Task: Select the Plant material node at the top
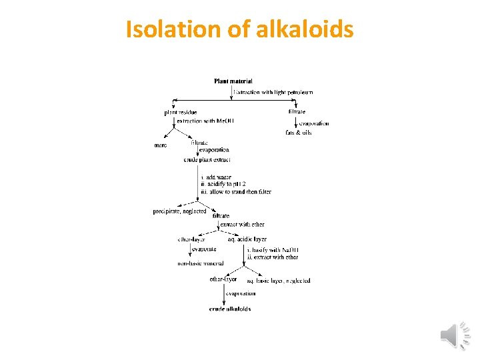coord(233,81)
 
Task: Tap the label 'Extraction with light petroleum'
coord(273,92)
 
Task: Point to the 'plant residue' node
coord(181,112)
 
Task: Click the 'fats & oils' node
coord(298,133)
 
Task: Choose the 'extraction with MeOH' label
coord(205,121)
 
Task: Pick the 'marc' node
coord(161,145)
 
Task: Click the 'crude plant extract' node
coord(207,160)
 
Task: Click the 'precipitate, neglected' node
coord(179,211)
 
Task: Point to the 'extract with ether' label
coord(242,225)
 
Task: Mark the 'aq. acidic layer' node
coord(247,239)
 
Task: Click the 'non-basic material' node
coord(201,263)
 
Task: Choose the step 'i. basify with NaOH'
coord(273,249)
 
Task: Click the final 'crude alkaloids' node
coord(230,309)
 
